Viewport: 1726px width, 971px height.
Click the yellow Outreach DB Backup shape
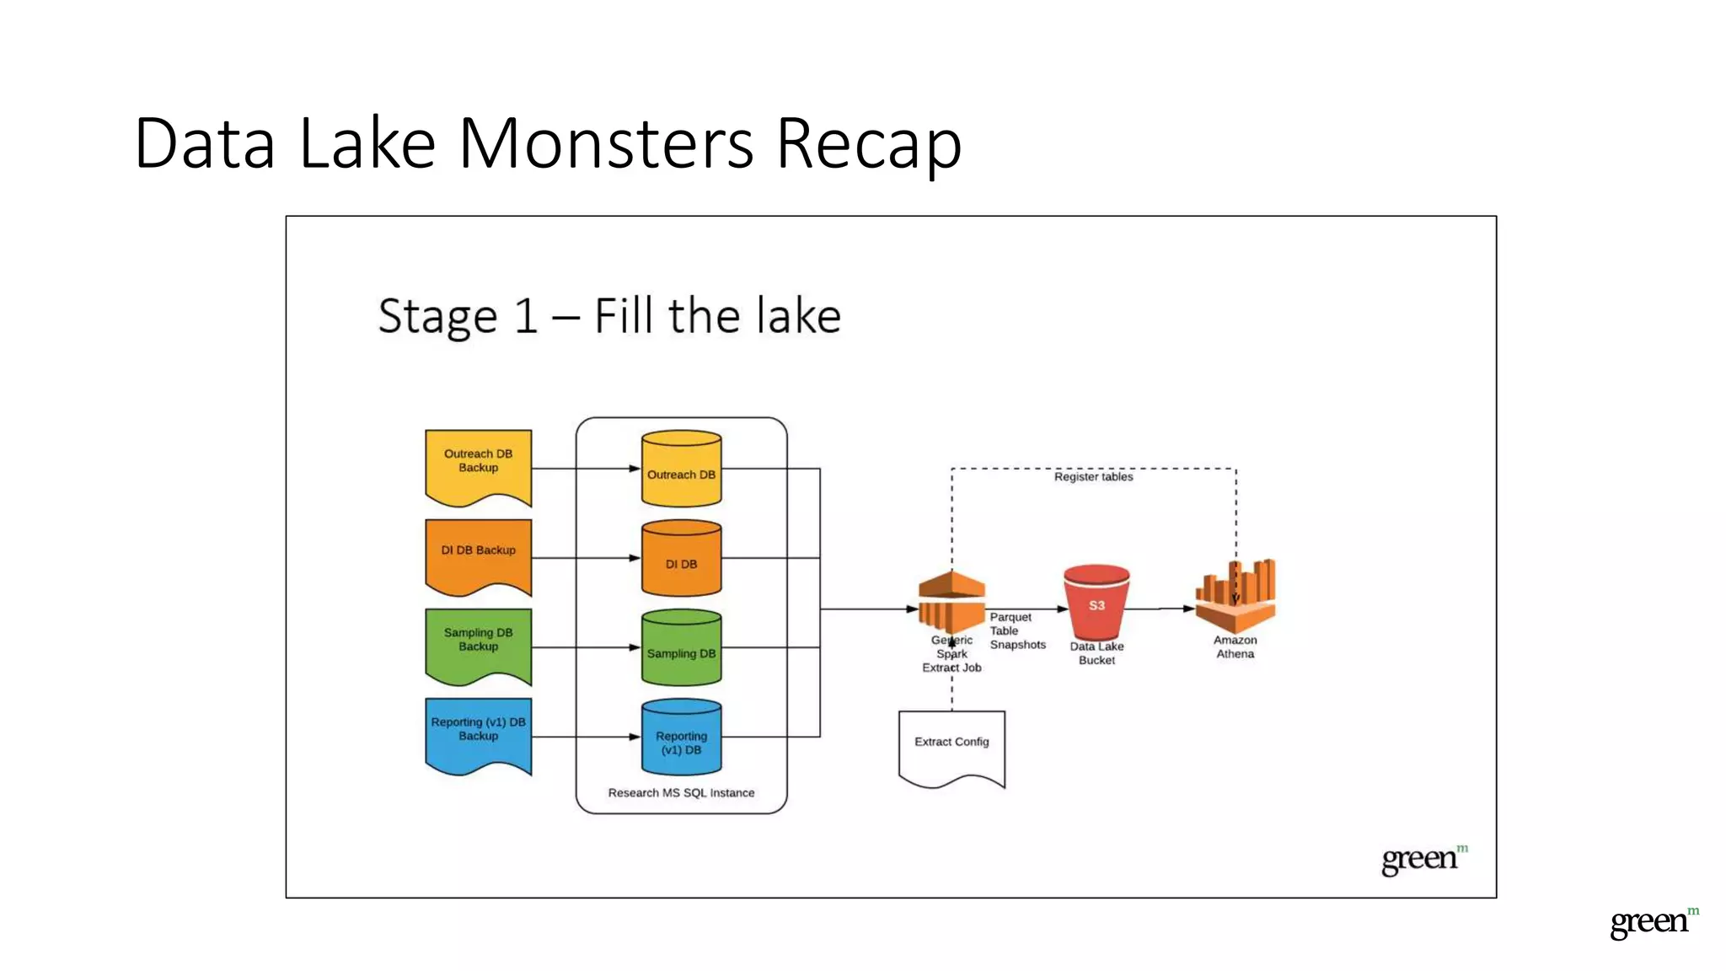pos(478,466)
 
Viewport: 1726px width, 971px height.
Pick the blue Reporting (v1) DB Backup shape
pos(478,733)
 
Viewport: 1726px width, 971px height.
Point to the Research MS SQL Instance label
pos(681,792)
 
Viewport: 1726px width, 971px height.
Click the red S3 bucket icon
pos(1096,604)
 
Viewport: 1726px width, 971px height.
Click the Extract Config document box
pos(951,746)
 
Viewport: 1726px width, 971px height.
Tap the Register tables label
pos(1093,477)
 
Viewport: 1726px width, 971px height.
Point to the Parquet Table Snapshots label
pos(1017,630)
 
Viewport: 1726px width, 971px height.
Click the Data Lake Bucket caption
pos(1096,653)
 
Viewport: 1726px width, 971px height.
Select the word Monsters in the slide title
pos(605,143)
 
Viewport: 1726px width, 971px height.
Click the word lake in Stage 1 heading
pos(797,316)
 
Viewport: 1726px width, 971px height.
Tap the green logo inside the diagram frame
pos(1423,859)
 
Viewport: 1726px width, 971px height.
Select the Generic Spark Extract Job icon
pos(951,602)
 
